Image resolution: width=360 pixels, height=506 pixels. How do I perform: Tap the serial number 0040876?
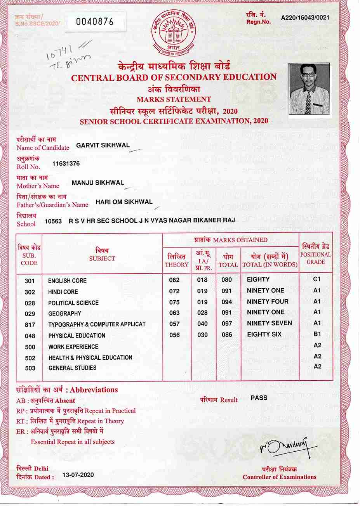click(x=95, y=22)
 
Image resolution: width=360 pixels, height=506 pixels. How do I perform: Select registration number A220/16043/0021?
click(x=305, y=18)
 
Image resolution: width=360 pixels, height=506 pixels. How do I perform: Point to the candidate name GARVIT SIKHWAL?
click(x=103, y=146)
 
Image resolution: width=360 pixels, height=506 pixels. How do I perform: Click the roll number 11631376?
click(x=66, y=164)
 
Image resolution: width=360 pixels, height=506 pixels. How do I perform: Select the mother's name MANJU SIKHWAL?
click(x=98, y=182)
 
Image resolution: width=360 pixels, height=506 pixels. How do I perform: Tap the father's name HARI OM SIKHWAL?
click(x=124, y=202)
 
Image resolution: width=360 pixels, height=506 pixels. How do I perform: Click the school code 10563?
click(x=53, y=221)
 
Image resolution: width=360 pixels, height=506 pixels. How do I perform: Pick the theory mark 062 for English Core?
click(x=174, y=280)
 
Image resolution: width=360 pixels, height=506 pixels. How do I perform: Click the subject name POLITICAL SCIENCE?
click(x=73, y=303)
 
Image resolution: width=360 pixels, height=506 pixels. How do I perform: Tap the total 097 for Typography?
click(x=226, y=324)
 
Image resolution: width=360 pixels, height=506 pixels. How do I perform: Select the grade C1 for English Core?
click(x=317, y=279)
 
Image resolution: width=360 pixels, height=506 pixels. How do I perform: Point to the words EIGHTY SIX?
click(x=264, y=334)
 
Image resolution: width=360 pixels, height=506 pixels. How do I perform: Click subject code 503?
click(x=30, y=368)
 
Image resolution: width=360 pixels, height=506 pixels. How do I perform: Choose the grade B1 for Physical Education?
click(x=317, y=334)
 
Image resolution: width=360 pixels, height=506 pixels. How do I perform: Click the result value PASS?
click(x=259, y=398)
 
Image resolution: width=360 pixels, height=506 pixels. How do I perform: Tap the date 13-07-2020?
click(x=78, y=475)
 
